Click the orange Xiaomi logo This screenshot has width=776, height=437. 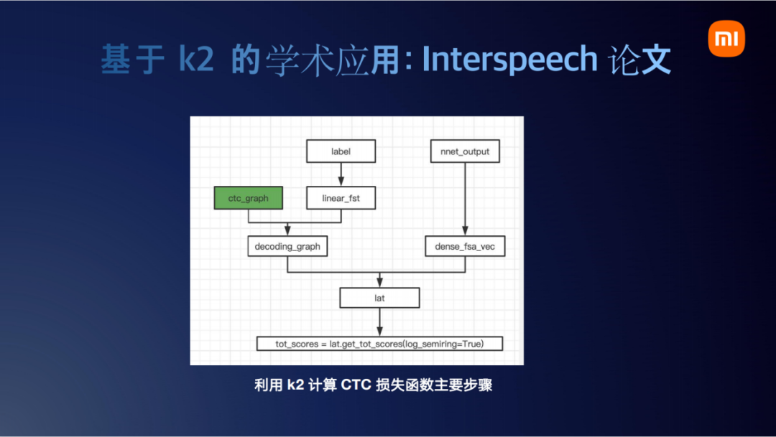(x=727, y=39)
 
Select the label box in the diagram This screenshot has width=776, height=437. (x=341, y=151)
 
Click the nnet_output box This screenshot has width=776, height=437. (x=465, y=151)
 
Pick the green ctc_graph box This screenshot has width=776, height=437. (x=248, y=198)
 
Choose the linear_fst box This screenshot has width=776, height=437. (x=341, y=198)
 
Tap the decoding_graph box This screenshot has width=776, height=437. (x=287, y=247)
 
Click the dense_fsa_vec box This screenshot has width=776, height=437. (x=465, y=247)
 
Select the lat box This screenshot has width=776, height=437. (x=379, y=297)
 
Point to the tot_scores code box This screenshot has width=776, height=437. (x=379, y=344)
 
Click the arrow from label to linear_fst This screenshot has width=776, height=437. (x=341, y=174)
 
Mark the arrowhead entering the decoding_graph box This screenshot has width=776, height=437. (x=287, y=231)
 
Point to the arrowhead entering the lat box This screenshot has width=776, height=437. (x=379, y=282)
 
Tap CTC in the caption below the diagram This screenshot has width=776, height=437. (x=356, y=385)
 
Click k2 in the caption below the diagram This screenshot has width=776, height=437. (x=295, y=385)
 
